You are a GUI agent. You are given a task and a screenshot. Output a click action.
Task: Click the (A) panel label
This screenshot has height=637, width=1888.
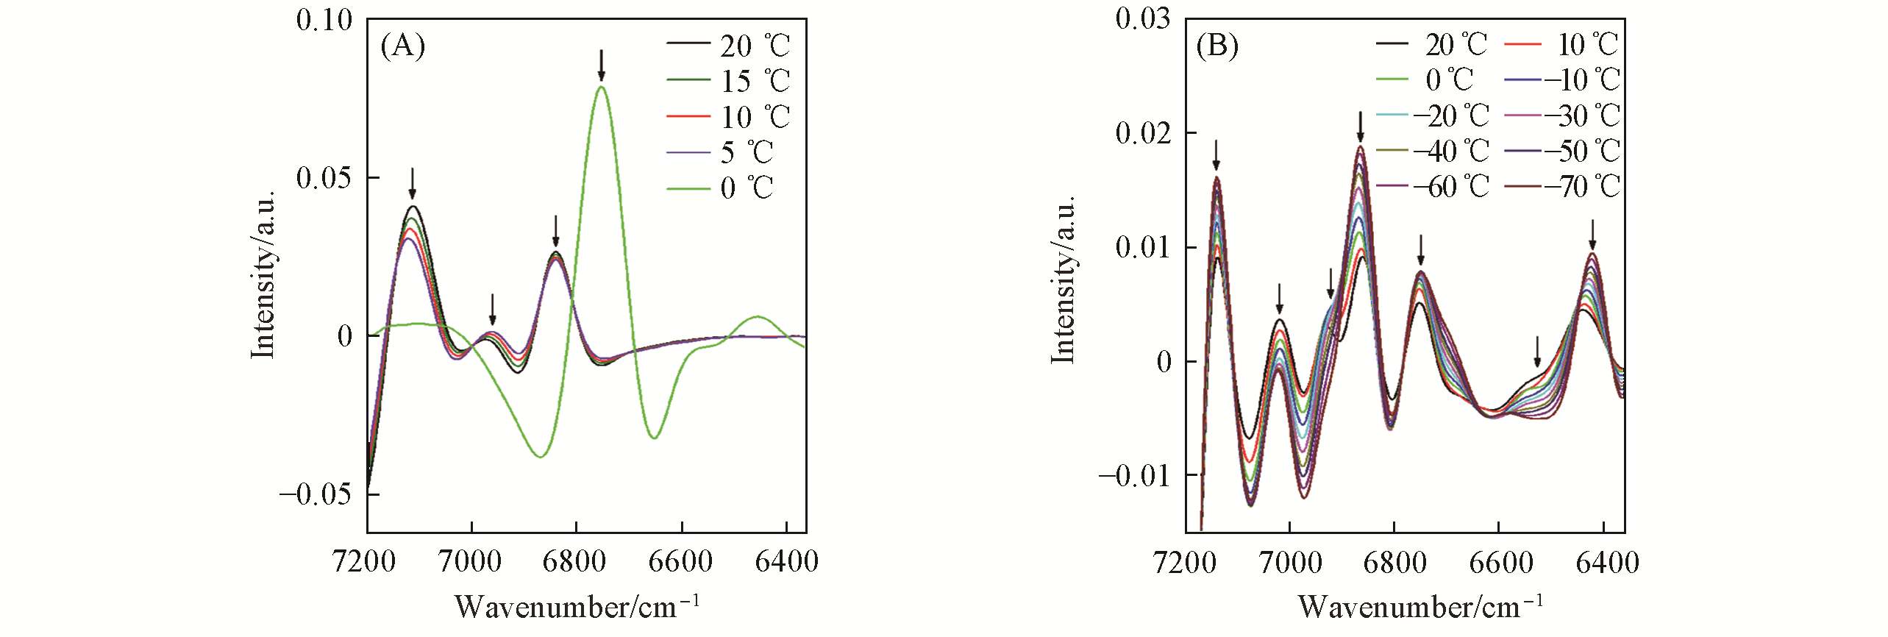(402, 46)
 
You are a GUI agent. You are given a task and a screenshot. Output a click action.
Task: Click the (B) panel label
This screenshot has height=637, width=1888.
(1217, 46)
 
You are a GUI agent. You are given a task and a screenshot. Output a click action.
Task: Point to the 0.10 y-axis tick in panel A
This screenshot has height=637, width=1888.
(324, 20)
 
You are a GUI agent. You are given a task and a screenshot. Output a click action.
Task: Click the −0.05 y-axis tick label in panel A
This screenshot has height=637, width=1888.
(316, 494)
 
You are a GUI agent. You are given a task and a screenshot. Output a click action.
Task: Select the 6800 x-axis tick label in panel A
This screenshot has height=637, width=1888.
(574, 562)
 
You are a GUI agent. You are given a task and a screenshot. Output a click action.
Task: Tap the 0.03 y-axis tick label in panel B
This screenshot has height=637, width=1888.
(1143, 18)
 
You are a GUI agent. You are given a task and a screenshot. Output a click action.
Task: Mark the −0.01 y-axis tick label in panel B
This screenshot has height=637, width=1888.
(1134, 476)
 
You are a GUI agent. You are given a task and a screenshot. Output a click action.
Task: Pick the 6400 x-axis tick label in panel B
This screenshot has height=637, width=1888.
(1608, 563)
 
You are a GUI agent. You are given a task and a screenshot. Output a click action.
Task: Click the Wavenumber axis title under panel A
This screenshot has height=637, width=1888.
(577, 607)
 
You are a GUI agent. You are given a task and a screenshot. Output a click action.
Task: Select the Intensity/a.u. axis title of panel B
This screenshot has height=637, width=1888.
(1063, 280)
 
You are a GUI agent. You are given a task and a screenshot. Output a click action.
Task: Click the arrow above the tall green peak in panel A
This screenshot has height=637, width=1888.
(602, 65)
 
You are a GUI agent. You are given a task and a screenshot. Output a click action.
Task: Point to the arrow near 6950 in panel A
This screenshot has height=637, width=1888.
(493, 309)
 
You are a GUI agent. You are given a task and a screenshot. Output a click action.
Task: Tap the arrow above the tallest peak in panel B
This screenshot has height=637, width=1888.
(1361, 127)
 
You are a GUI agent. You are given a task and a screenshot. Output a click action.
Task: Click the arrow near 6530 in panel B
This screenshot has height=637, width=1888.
(1537, 352)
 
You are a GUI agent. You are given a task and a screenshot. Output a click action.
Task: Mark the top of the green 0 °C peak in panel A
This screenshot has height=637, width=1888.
(602, 87)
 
